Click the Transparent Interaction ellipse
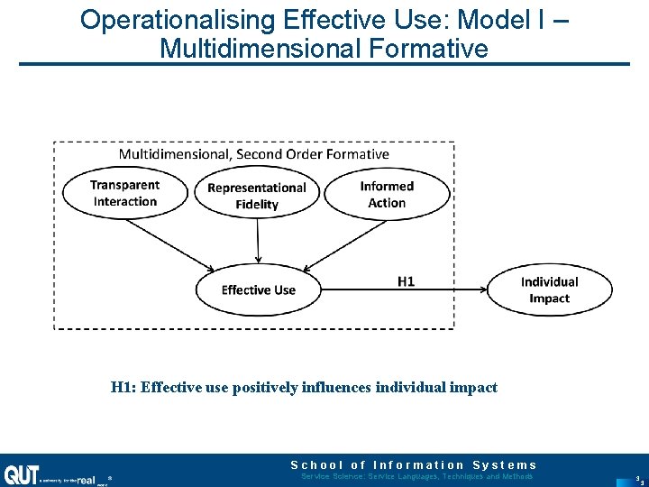coord(124,193)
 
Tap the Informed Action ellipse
coord(387,194)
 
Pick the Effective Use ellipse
coord(259,289)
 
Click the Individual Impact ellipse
coord(549,289)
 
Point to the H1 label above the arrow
coord(407,280)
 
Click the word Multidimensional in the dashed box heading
coord(174,153)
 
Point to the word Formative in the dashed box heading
coord(358,153)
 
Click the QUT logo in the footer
coord(22,474)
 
